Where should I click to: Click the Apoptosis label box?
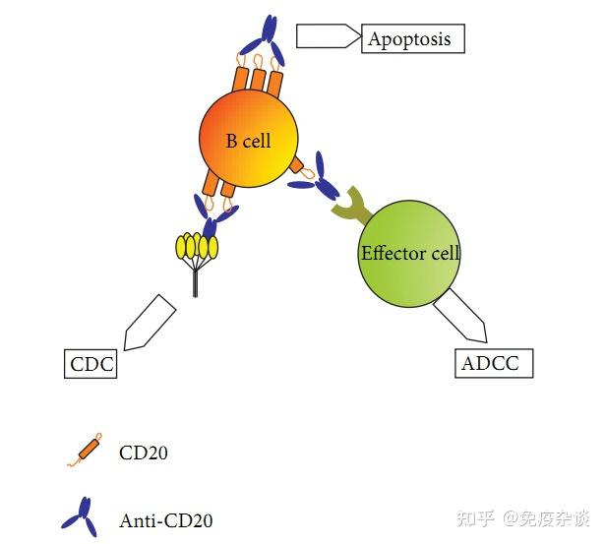click(412, 39)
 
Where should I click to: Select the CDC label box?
click(91, 364)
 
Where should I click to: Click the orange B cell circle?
click(248, 141)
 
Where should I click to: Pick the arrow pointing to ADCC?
click(461, 315)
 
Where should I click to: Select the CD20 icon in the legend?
click(86, 452)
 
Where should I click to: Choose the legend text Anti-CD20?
click(165, 520)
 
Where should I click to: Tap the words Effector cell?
click(410, 253)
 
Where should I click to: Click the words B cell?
click(248, 141)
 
